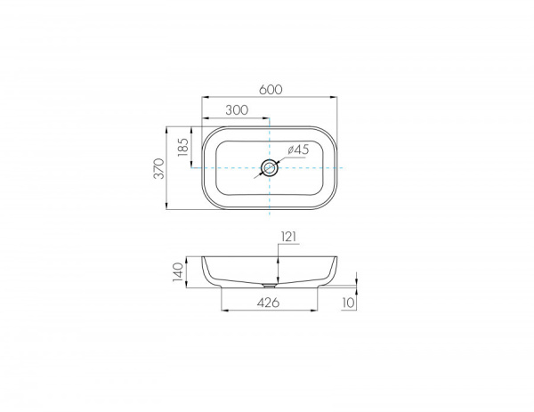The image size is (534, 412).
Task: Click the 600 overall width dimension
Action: click(271, 89)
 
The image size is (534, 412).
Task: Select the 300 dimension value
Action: click(236, 110)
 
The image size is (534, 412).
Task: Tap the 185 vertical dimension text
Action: click(184, 146)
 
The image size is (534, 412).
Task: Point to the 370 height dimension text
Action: click(160, 168)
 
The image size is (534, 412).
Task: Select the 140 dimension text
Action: click(178, 271)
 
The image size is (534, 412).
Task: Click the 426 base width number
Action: click(269, 303)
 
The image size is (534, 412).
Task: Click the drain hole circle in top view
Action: click(270, 167)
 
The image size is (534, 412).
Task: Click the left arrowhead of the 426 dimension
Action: click(222, 311)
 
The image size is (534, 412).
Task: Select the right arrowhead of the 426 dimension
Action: click(317, 311)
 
